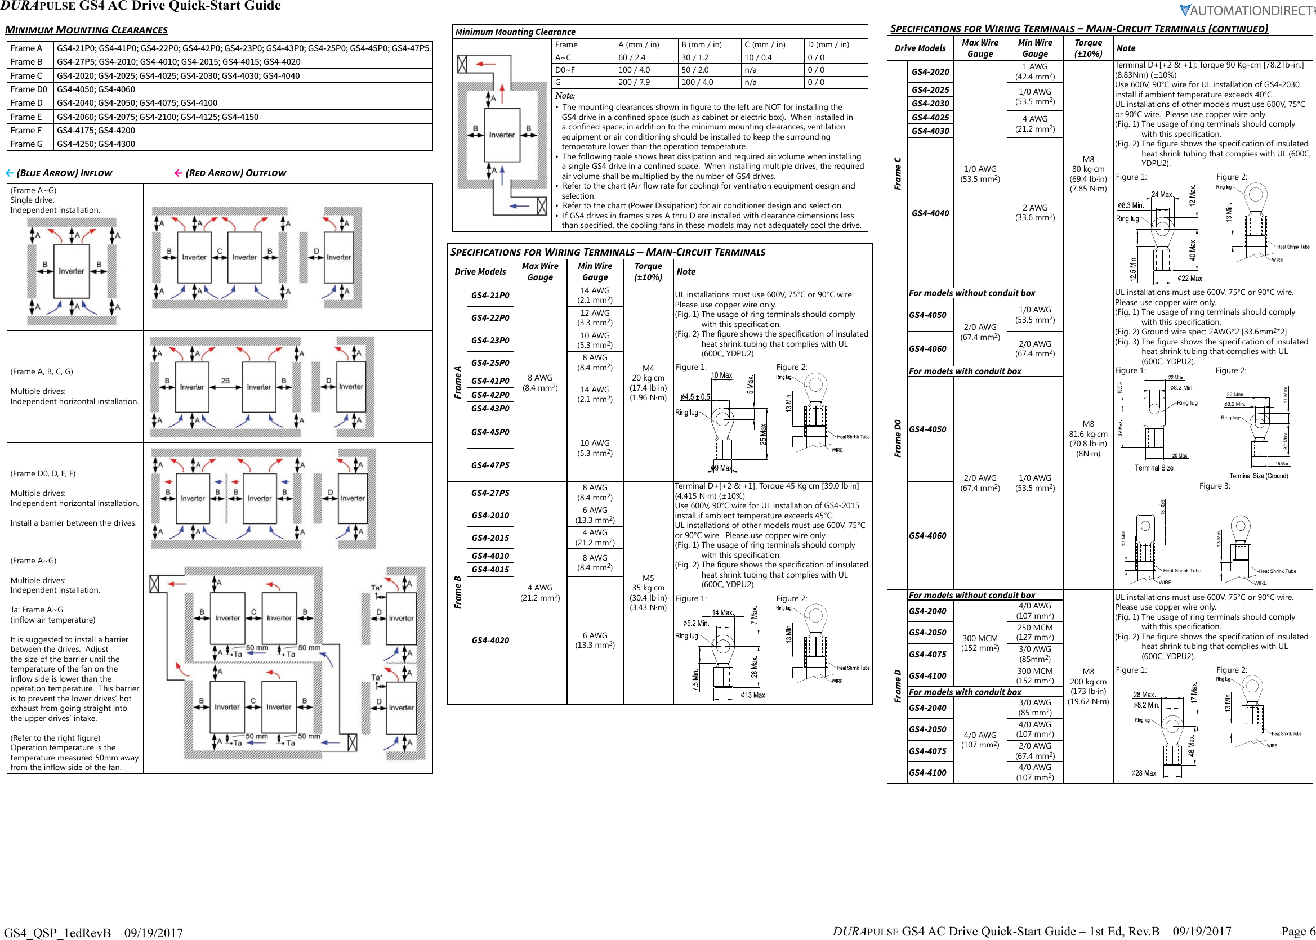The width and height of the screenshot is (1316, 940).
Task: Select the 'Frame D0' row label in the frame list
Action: pyautogui.click(x=29, y=89)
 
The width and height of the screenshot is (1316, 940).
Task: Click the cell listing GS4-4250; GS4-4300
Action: pyautogui.click(x=96, y=144)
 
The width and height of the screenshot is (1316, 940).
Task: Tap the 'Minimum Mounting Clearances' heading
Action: pyautogui.click(x=86, y=29)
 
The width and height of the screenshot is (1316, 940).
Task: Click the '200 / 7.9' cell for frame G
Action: pyautogui.click(x=634, y=82)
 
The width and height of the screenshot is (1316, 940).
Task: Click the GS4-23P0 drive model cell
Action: pyautogui.click(x=490, y=341)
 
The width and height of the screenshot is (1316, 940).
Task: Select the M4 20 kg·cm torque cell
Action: pyautogui.click(x=648, y=383)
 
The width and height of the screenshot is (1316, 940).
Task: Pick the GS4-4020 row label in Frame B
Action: pyautogui.click(x=490, y=640)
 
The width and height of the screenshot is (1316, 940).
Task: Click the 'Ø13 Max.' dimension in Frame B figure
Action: pyautogui.click(x=754, y=695)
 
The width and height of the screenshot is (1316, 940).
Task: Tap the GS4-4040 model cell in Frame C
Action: pyautogui.click(x=930, y=213)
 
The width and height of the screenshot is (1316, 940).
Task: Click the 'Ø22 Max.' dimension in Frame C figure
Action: pyautogui.click(x=1190, y=279)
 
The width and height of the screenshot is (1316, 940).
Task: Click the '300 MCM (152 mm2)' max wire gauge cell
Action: pyautogui.click(x=980, y=643)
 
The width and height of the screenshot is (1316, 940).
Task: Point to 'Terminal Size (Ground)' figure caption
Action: pyautogui.click(x=1258, y=476)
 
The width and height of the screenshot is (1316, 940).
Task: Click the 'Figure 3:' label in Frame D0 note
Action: pyautogui.click(x=1214, y=486)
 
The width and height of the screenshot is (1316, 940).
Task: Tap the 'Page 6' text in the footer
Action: pyautogui.click(x=1297, y=931)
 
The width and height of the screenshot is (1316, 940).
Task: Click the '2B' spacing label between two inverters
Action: pyautogui.click(x=225, y=381)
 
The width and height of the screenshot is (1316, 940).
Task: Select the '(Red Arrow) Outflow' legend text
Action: pyautogui.click(x=235, y=173)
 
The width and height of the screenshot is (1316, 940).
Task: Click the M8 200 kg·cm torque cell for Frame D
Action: pyautogui.click(x=1088, y=686)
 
